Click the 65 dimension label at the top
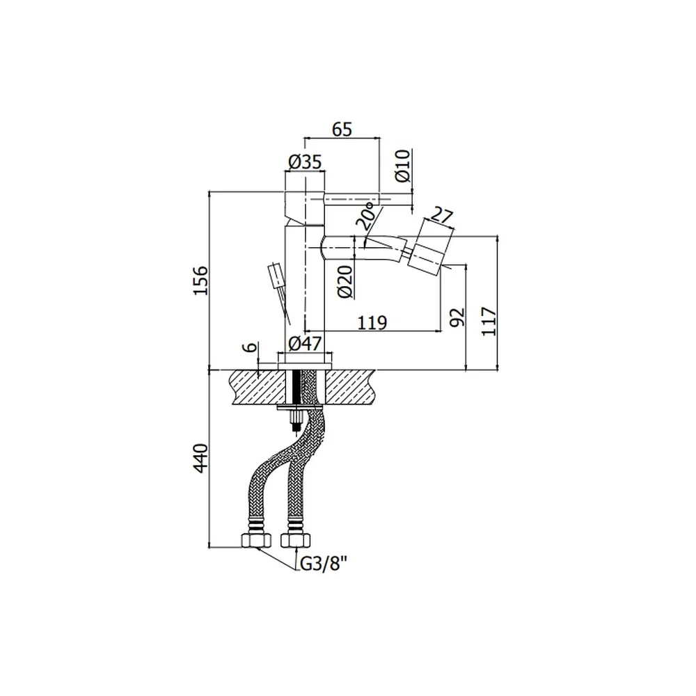pos(342,129)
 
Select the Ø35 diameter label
pos(305,162)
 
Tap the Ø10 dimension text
pos(404,166)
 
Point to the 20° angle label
pos(368,216)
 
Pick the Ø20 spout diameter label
pos(345,281)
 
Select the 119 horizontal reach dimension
pos(372,323)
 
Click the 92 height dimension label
pos(457,317)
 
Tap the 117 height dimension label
pos(489,321)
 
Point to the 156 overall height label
pos(200,280)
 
